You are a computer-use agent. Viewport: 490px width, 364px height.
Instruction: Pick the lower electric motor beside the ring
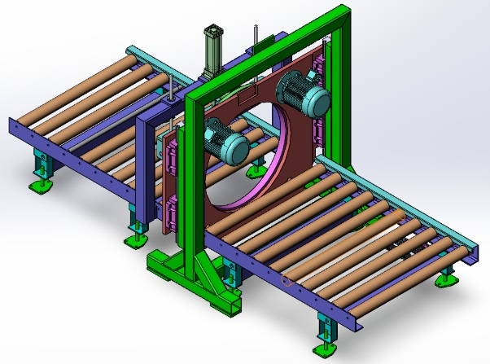225,140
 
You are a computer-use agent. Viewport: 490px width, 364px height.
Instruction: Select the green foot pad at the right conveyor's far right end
446,280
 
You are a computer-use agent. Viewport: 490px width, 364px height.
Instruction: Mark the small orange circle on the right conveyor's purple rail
285,281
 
